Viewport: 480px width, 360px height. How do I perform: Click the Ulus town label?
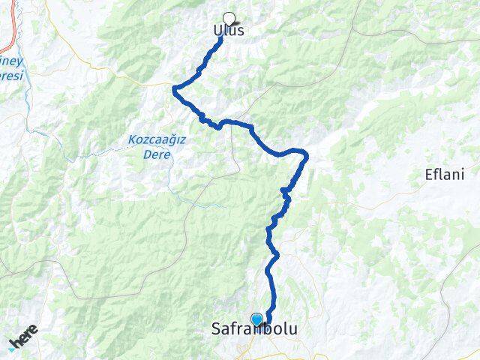(228, 31)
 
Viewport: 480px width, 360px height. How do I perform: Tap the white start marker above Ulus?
(229, 18)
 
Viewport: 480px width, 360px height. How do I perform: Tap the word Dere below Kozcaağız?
(159, 154)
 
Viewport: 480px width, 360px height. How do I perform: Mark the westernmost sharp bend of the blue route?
(174, 89)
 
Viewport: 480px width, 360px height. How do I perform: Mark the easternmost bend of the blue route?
(306, 155)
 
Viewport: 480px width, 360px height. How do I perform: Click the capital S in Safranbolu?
(217, 329)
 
